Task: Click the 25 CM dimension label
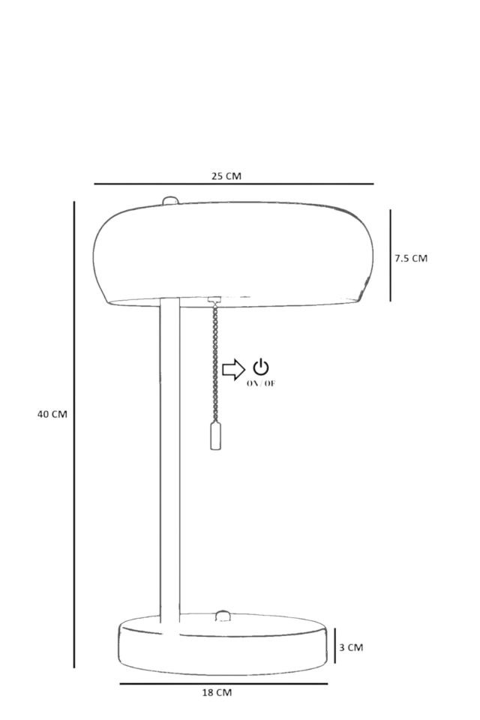coord(226,175)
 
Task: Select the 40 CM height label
coord(52,414)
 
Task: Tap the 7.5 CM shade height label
coord(411,258)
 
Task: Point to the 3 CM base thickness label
coord(351,647)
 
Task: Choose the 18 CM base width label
coord(217,692)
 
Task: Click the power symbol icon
coord(261,367)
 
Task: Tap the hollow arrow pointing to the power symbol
coord(234,369)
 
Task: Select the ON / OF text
coord(261,384)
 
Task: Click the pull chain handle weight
coord(215,436)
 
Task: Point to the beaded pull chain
coord(214,363)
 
